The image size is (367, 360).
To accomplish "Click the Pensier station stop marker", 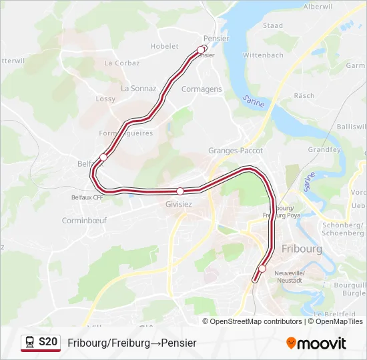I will tap(201, 49).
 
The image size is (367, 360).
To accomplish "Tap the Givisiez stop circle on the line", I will tap(179, 191).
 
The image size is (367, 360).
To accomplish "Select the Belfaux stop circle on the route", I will tap(103, 157).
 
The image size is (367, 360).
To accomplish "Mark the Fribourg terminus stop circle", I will tap(262, 269).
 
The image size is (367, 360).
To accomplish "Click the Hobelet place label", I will tap(165, 47).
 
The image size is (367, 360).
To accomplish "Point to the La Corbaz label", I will tap(122, 63).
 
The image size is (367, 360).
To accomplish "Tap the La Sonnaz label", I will tap(138, 88).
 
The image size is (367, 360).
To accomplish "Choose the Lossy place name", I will tap(105, 99).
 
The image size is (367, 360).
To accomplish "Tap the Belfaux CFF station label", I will tap(87, 197).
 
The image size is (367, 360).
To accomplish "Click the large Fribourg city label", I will tap(302, 249).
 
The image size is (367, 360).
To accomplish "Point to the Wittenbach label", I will tap(264, 55).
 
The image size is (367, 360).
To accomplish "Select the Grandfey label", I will tap(324, 150).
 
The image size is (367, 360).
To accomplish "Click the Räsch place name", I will tap(304, 96).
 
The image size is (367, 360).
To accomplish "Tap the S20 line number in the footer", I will tap(48, 342).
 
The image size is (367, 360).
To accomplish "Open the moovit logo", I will tap(316, 343).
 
